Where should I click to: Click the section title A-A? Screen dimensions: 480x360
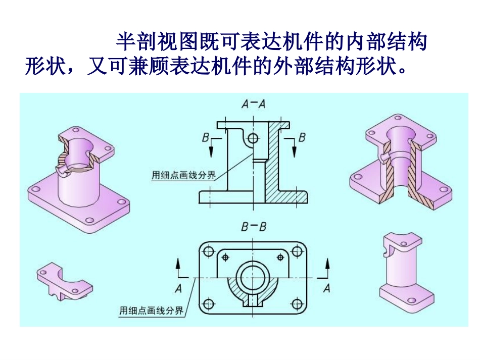[x=254, y=104]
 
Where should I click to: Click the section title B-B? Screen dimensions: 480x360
[x=254, y=227]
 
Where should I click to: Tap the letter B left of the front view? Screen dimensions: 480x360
[x=205, y=137]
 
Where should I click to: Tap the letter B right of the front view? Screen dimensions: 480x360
[x=302, y=137]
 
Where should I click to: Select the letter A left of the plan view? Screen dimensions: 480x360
[x=178, y=288]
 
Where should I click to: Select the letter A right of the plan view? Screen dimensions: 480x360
[x=326, y=288]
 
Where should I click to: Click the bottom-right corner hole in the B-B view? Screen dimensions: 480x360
[x=298, y=303]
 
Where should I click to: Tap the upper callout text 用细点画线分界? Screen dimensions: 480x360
[x=184, y=175]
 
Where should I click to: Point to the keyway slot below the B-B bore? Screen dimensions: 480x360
[x=253, y=300]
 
